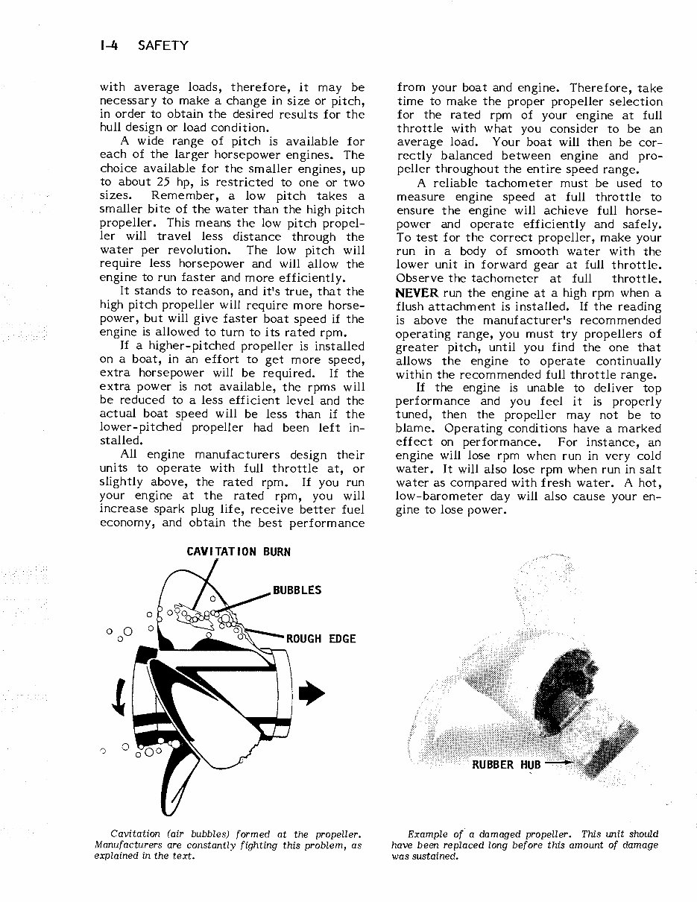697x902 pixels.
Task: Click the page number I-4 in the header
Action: click(108, 45)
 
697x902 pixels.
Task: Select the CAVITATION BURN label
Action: click(239, 552)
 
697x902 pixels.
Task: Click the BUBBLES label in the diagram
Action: click(297, 590)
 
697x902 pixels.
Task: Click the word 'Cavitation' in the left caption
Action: click(135, 833)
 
